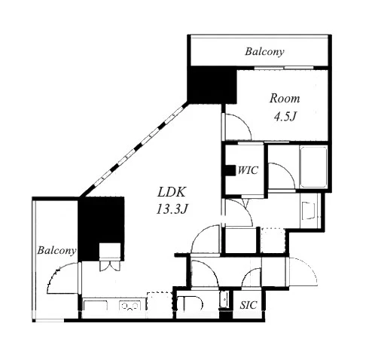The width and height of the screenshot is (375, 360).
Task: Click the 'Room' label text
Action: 285,98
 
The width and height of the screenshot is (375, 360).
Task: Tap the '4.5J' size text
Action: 285,117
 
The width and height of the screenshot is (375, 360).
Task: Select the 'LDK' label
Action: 172,192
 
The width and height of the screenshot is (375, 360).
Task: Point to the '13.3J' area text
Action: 172,209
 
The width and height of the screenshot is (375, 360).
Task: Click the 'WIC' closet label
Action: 248,170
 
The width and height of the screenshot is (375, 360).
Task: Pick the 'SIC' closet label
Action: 248,305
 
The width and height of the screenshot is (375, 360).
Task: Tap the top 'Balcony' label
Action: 264,51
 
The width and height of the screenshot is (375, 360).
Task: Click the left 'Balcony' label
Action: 56,250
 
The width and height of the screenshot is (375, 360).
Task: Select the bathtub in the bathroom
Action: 313,166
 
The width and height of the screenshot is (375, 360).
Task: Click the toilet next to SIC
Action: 190,304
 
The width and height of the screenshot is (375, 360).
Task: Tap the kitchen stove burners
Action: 130,306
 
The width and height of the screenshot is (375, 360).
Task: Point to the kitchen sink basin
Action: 96,305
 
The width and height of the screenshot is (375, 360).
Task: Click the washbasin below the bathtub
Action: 309,210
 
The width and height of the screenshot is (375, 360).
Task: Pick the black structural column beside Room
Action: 212,84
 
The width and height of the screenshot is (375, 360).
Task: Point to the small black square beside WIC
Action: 230,170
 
